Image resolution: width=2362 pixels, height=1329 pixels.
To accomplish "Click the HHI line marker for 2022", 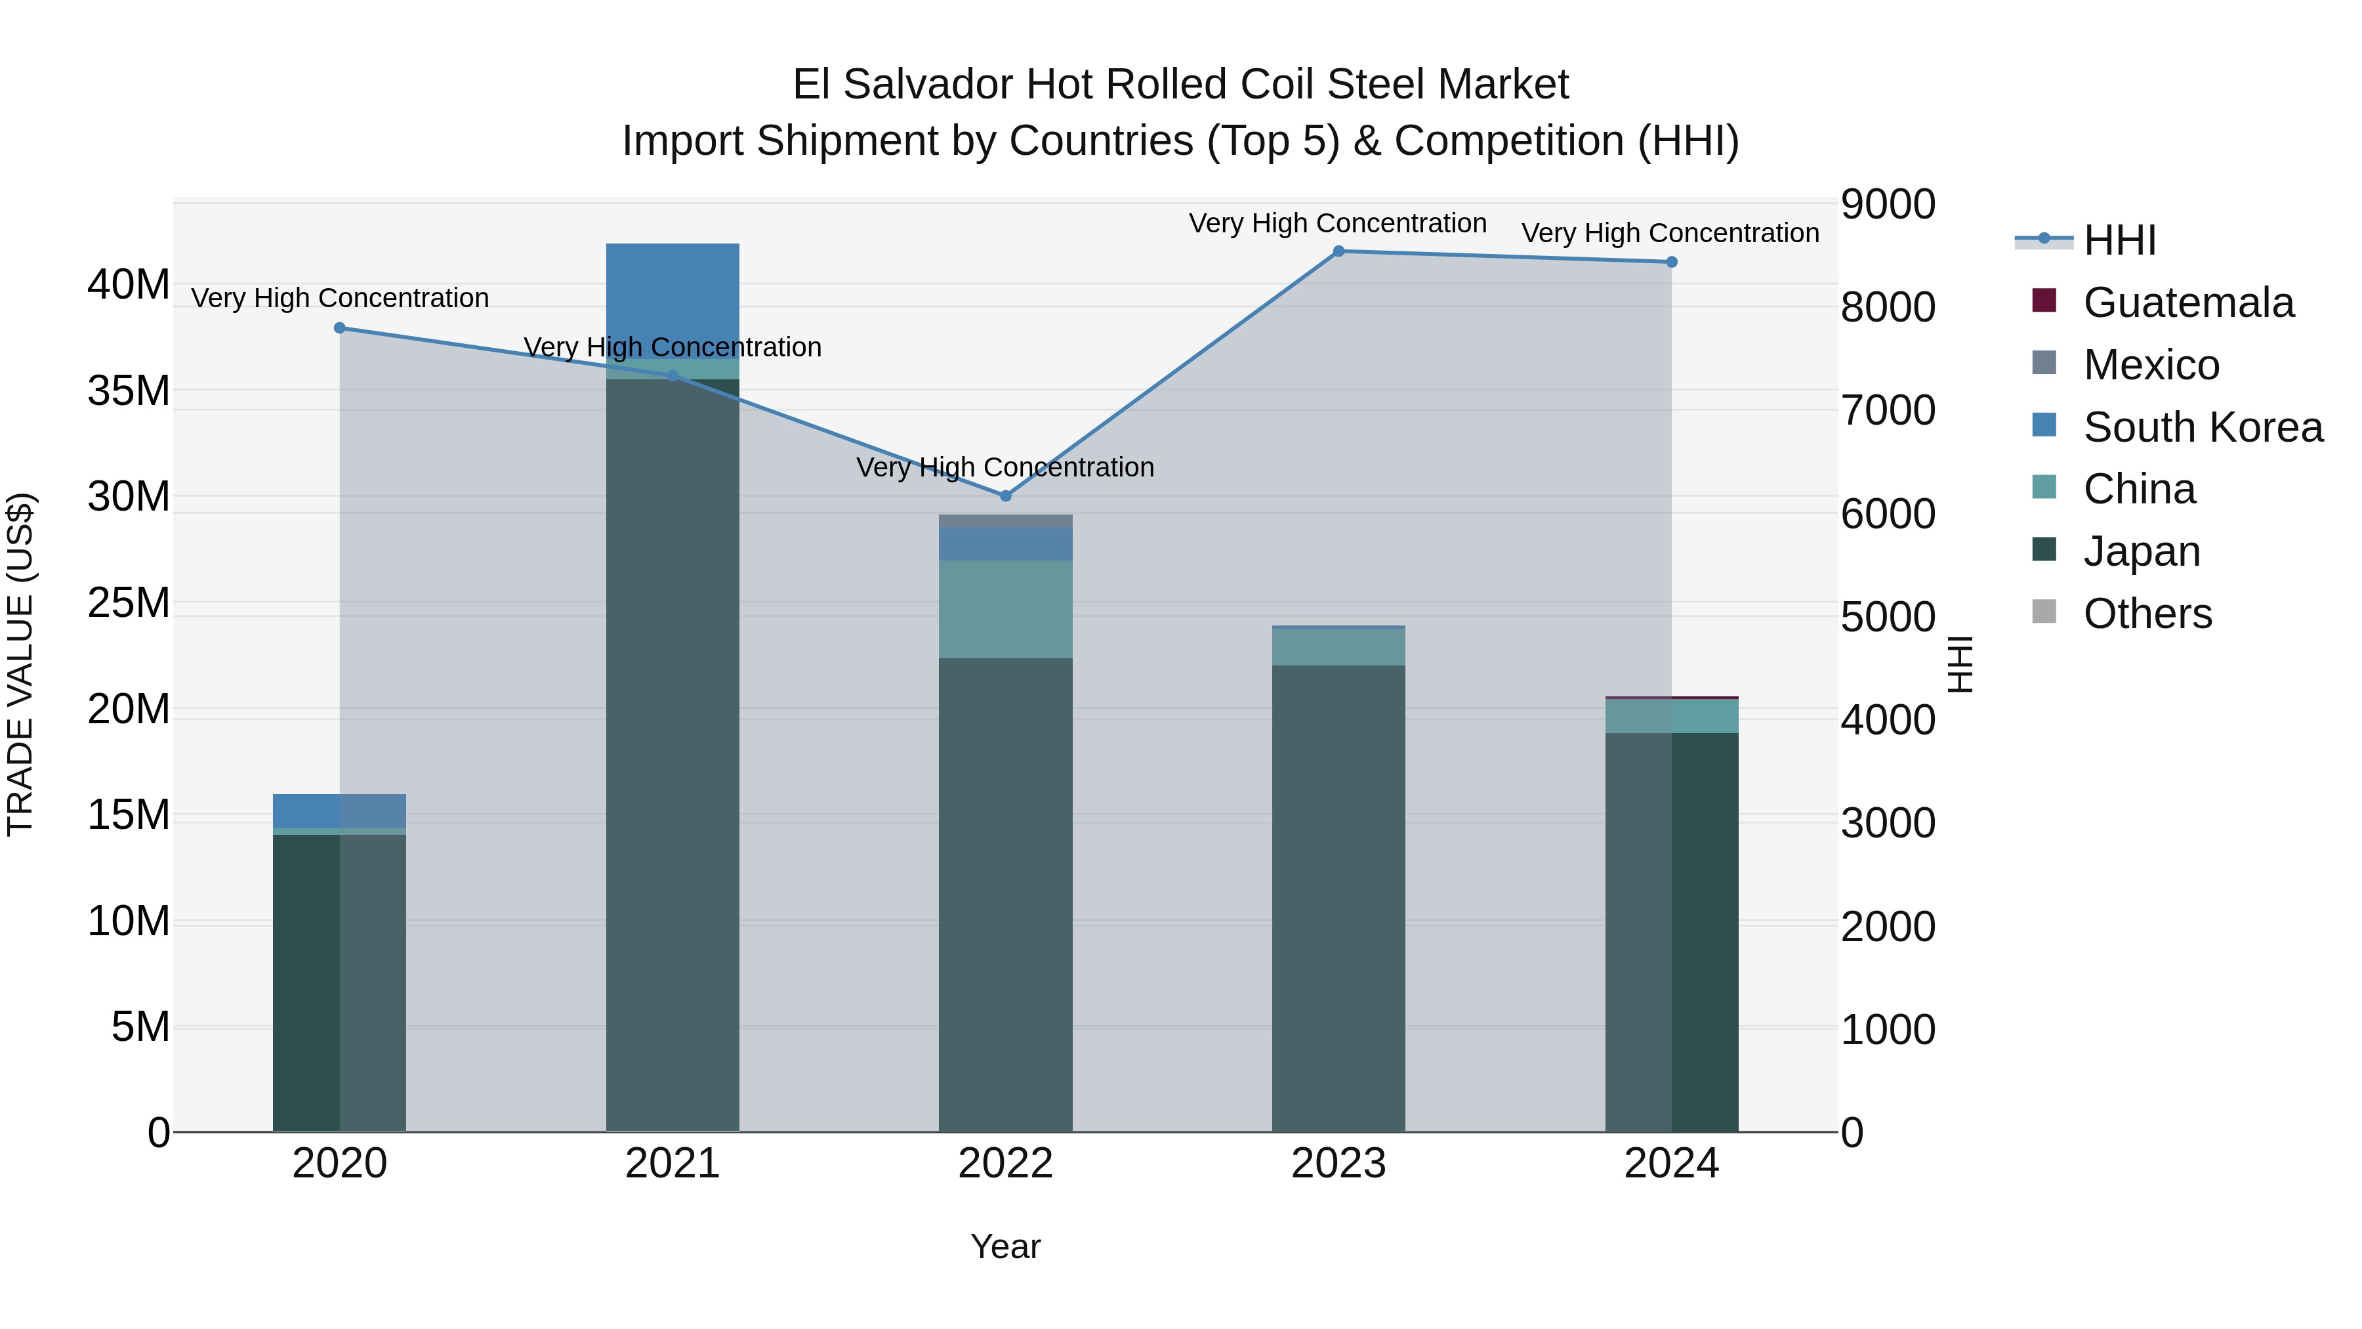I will [x=1005, y=496].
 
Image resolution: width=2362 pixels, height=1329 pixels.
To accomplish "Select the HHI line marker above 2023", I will [x=1338, y=251].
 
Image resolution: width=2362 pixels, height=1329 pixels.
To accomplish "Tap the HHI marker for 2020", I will [x=339, y=328].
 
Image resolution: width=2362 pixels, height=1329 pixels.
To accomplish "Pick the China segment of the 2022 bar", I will [x=1005, y=608].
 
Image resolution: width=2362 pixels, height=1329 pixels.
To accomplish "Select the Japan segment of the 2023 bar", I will [x=1338, y=899].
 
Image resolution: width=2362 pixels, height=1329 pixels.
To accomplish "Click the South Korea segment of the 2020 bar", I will [x=339, y=811].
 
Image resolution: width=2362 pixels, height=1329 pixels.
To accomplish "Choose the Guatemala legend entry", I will [x=2187, y=303].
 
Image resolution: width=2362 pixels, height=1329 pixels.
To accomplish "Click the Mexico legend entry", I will [x=2151, y=365].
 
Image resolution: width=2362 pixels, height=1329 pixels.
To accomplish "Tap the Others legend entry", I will [x=2147, y=614].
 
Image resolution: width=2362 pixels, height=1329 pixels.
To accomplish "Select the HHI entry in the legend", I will [x=2119, y=240].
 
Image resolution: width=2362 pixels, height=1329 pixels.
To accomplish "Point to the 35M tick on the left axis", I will [x=129, y=390].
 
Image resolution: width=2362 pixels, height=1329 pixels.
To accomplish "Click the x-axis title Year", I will [x=1005, y=1246].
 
